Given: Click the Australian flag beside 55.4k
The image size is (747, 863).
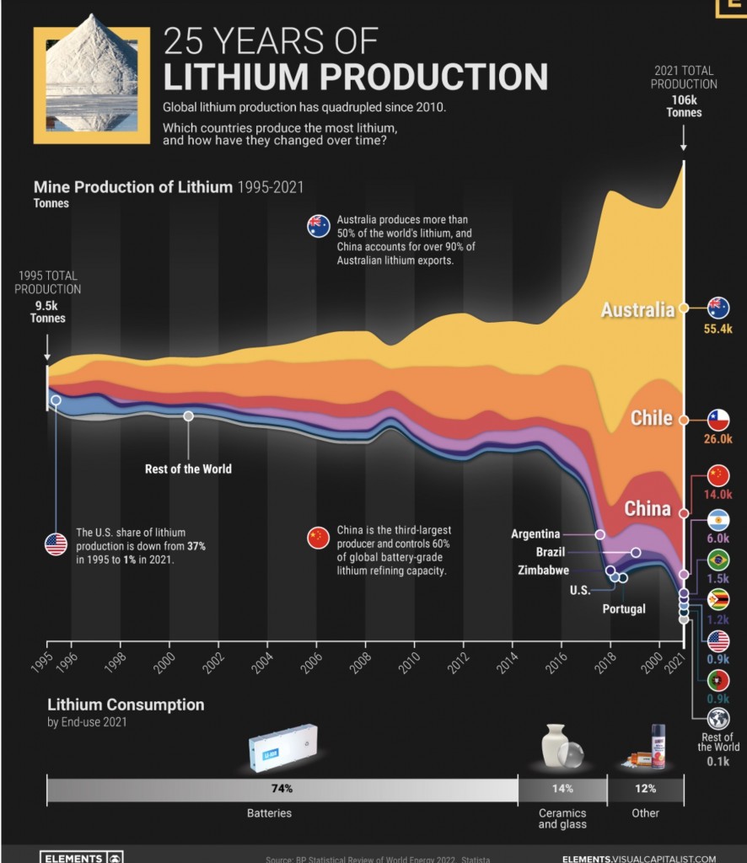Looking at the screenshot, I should [718, 308].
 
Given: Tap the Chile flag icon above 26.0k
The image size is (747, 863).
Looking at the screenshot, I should [718, 419].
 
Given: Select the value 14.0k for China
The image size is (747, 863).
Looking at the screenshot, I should [718, 495].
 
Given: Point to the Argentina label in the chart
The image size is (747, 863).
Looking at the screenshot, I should [535, 534].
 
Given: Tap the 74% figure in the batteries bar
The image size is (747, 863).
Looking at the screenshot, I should [282, 789].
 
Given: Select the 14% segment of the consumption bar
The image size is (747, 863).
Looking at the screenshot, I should [562, 789].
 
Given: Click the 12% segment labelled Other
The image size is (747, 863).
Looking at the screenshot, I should [645, 789].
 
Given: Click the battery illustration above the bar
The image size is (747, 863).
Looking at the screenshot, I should [283, 748].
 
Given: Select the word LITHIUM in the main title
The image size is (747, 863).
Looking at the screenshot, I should [239, 76].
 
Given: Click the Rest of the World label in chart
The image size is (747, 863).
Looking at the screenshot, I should [188, 469].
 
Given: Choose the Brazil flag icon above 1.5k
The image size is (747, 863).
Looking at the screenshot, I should [718, 560].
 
